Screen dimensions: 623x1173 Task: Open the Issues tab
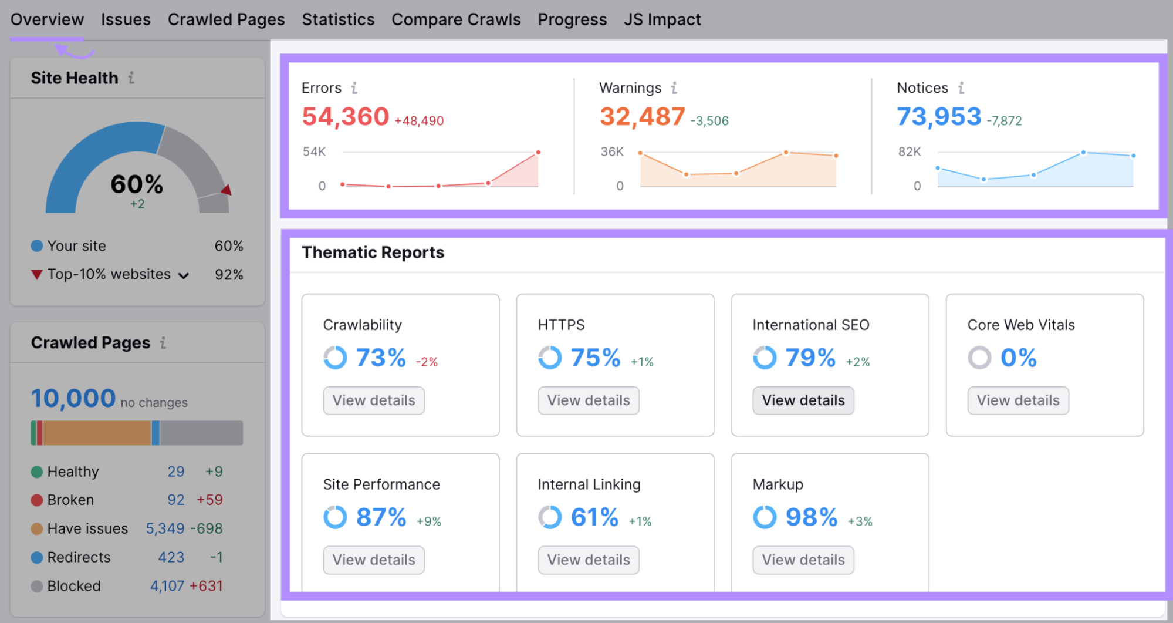[126, 19]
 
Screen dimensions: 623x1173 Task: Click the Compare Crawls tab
[456, 19]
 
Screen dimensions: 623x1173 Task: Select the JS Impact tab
[662, 19]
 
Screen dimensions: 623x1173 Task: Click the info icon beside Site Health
[131, 78]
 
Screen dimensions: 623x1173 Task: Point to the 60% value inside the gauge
[137, 184]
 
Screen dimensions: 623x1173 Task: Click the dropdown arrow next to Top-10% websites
[184, 275]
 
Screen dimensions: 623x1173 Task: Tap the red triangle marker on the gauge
[227, 190]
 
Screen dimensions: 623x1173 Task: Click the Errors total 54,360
[345, 117]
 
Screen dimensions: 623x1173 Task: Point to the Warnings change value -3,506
[709, 121]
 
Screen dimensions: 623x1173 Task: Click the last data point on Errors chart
[538, 153]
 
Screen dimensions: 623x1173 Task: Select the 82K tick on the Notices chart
[909, 151]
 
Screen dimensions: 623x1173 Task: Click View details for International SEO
[803, 400]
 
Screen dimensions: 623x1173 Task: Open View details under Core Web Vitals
[1017, 400]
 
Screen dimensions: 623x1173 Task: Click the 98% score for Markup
[811, 517]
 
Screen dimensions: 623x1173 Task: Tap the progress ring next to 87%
[335, 517]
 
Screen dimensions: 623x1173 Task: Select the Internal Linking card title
[589, 484]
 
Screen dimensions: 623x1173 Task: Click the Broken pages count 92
[176, 500]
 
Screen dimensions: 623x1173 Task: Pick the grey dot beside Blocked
[37, 586]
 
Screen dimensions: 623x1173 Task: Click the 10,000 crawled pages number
[73, 399]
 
